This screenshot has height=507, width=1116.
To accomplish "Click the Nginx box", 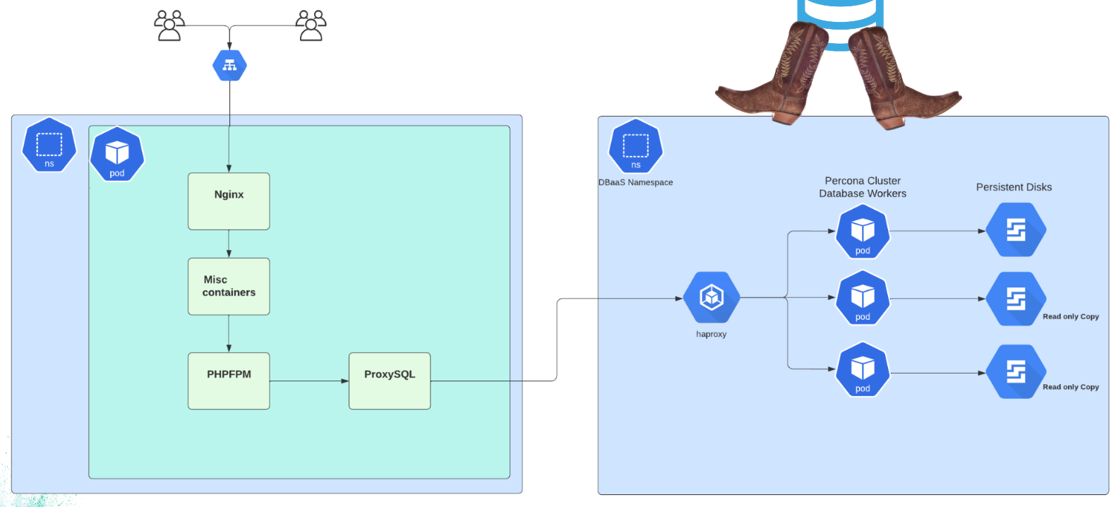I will (229, 201).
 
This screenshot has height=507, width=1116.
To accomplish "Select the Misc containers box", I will (229, 286).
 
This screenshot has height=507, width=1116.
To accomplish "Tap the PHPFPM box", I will (229, 381).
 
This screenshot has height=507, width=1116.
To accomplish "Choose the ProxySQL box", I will (390, 381).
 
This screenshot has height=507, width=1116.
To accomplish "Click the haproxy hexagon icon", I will (712, 297).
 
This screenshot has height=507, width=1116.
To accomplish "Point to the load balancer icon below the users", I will (229, 66).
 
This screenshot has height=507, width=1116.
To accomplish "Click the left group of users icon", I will (169, 25).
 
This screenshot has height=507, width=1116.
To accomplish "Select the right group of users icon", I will (311, 25).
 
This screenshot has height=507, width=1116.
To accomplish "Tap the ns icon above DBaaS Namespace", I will (635, 147).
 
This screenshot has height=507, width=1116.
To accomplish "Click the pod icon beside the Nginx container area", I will (117, 154).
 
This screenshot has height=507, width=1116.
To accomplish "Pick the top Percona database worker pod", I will (863, 232).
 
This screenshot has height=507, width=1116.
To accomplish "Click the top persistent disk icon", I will (1016, 230).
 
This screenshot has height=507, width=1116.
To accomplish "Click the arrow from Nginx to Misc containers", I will (229, 244).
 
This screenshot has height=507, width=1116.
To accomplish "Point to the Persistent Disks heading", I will (1014, 187).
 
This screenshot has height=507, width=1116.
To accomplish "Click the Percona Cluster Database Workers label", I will (863, 187).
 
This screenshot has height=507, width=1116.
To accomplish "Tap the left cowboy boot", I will (776, 78).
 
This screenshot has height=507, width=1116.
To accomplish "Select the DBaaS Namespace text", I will (635, 182).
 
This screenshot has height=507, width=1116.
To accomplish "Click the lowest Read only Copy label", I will (1070, 387).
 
